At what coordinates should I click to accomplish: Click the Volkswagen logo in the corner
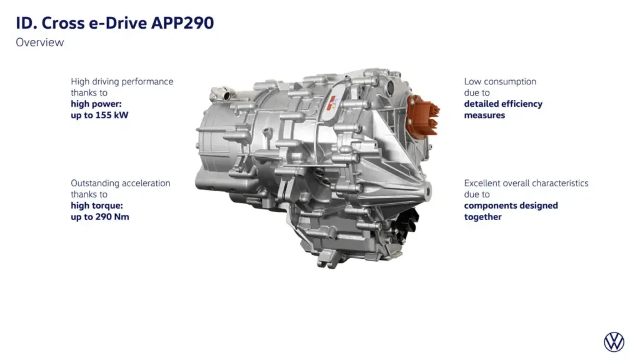614,342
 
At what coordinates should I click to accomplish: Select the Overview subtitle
39,42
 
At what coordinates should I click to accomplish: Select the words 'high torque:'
96,206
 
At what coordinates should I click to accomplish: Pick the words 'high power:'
96,104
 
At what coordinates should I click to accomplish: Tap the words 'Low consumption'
500,81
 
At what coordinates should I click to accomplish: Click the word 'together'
482,217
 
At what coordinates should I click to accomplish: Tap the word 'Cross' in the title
58,24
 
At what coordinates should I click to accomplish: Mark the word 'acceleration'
146,183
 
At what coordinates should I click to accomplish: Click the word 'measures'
484,115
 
